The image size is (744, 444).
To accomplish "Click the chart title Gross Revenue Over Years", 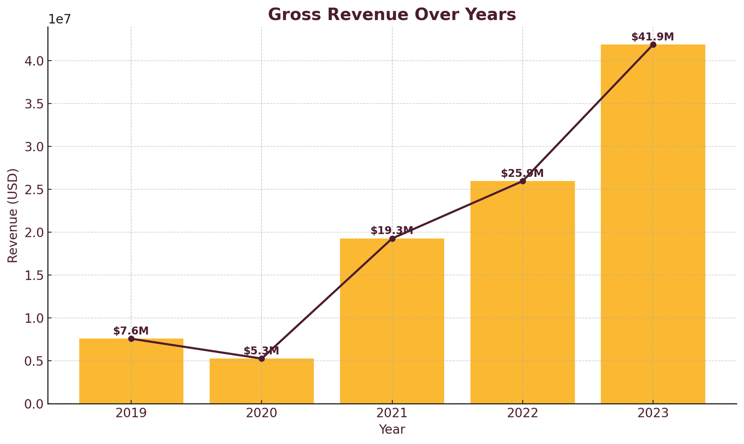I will click(392, 14).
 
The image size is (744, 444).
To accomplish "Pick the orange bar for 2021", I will click(392, 321).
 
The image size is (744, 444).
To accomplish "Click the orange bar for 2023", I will click(653, 224).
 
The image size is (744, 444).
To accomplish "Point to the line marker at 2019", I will click(131, 339).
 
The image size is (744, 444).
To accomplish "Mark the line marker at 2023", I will click(653, 45).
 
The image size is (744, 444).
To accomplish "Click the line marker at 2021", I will click(392, 239).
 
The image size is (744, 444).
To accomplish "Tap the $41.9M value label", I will click(652, 37).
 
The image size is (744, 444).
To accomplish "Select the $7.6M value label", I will click(131, 331).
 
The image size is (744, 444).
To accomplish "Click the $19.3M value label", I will click(392, 230).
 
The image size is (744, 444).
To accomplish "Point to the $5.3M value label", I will click(261, 351).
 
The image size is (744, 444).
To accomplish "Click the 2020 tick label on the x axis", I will click(261, 413).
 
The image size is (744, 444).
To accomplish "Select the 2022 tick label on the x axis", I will click(522, 413).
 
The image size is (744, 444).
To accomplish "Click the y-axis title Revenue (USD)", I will click(13, 215).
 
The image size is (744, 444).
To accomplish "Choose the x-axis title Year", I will click(392, 430).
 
